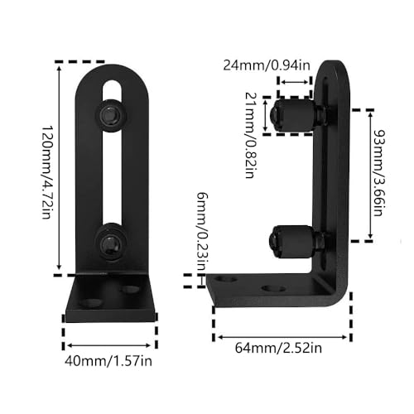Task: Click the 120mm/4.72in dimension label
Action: pos(46,172)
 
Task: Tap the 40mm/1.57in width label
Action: pos(108,361)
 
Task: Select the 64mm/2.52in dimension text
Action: pos(278,348)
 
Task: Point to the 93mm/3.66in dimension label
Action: pos(380,173)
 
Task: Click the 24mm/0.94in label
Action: pos(267,65)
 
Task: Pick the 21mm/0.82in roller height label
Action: pos(251,135)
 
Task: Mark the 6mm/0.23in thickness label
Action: pos(202,232)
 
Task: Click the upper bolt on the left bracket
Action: pos(111,113)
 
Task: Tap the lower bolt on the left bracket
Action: pos(111,242)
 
